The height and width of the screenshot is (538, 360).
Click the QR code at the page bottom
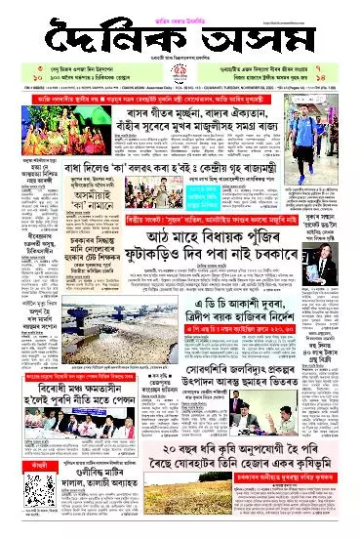tap(25, 508)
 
